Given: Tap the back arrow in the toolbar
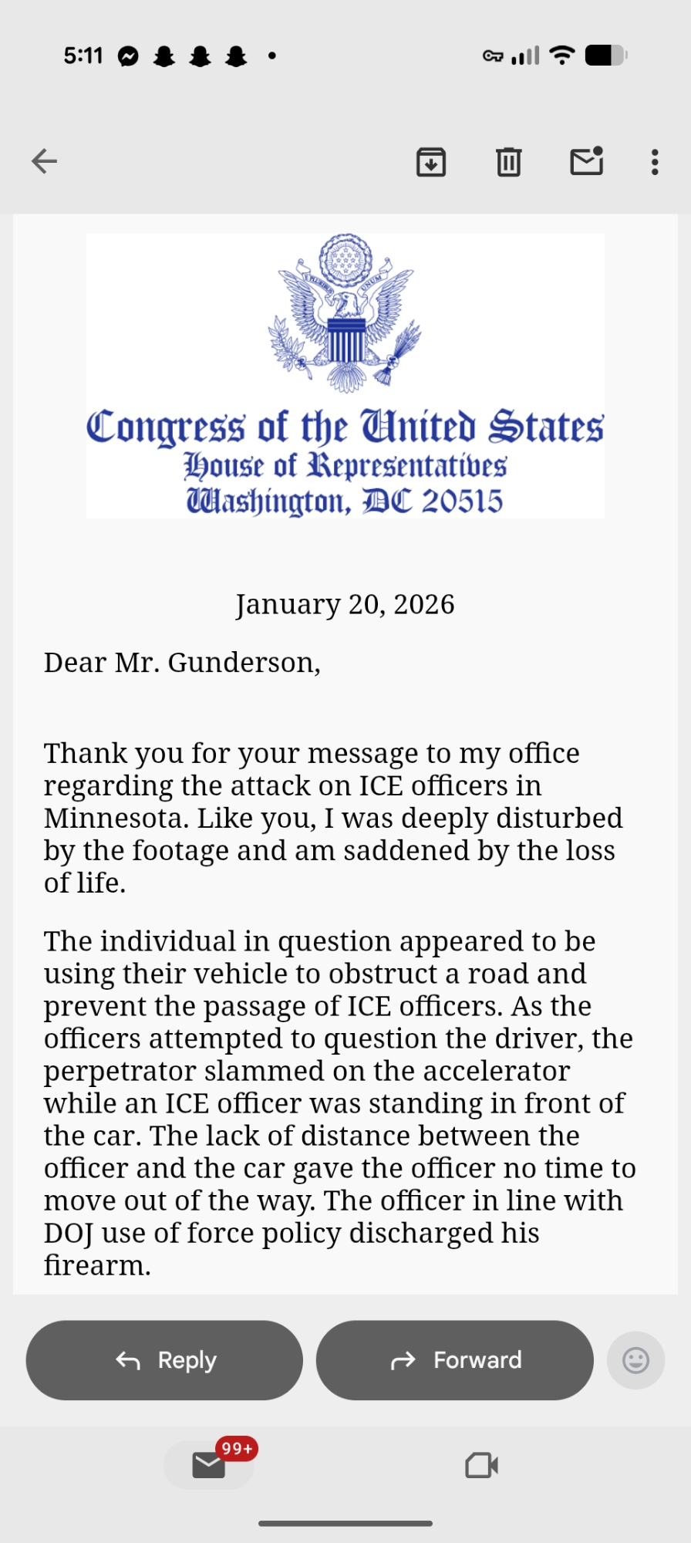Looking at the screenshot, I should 45,161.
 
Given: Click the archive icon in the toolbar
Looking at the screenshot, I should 431,162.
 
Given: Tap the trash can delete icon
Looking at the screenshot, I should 508,162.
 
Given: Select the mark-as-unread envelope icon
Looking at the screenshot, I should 586,161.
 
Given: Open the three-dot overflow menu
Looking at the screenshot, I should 655,162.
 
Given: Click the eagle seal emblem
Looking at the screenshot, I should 345,312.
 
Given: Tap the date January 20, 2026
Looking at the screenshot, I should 345,604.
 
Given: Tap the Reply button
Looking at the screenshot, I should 164,1360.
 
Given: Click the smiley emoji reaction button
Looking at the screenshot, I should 635,1360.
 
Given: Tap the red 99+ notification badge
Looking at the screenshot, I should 237,1449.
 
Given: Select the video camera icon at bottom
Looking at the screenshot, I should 482,1465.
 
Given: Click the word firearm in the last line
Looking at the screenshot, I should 96,1265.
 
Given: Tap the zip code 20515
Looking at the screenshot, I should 462,501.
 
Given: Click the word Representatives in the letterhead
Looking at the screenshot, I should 407,466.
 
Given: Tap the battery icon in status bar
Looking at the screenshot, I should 606,56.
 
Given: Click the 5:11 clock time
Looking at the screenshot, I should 83,56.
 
